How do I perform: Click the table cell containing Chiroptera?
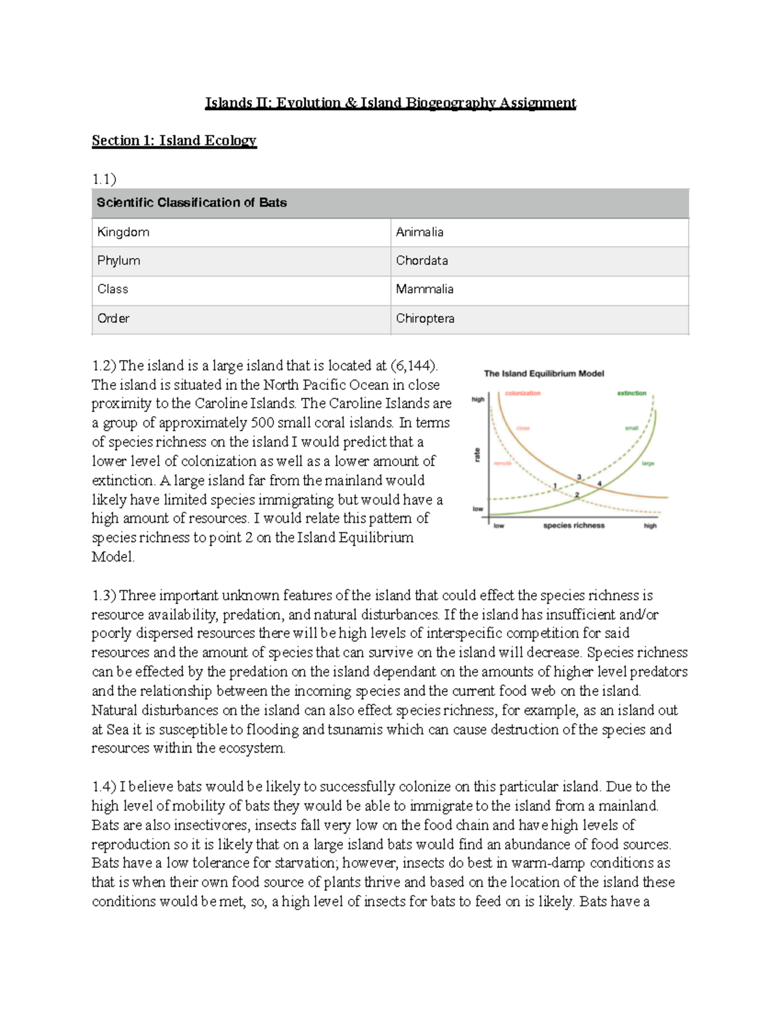coord(425,318)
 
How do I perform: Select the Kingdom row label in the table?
coord(123,232)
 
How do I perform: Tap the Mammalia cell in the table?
coord(424,289)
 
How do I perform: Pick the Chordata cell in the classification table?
coord(422,260)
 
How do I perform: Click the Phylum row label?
coord(118,260)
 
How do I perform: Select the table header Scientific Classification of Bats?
coord(191,202)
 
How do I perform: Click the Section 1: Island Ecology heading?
coord(174,141)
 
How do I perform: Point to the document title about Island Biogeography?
coord(390,103)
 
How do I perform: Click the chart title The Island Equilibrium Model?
coord(543,374)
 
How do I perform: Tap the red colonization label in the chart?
coord(523,393)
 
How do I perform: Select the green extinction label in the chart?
coord(631,393)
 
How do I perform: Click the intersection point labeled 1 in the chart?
coord(555,486)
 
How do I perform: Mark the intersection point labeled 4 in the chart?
coord(599,484)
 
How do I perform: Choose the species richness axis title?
coord(573,525)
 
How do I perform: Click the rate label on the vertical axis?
coord(478,454)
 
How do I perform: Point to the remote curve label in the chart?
coord(502,464)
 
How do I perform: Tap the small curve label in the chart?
coord(631,428)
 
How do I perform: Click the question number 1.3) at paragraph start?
coord(103,596)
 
